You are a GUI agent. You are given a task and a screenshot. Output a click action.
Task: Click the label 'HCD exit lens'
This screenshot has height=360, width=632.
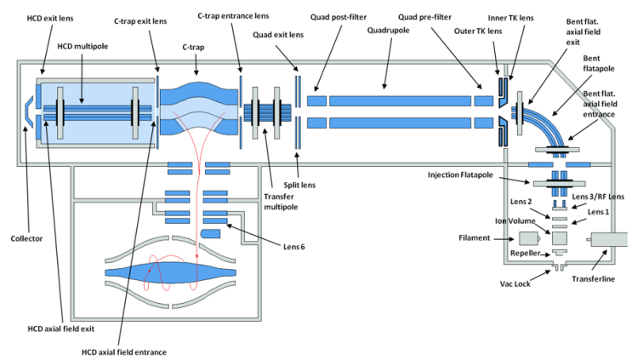click(x=50, y=18)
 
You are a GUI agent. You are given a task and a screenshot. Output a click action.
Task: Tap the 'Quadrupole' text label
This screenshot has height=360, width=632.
click(x=388, y=31)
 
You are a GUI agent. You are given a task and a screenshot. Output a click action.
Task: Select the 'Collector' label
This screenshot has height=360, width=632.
click(x=26, y=238)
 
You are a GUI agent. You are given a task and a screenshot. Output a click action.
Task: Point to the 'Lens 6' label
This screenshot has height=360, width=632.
click(x=293, y=246)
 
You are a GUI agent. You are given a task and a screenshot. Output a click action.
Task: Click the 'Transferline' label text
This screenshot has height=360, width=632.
click(x=594, y=278)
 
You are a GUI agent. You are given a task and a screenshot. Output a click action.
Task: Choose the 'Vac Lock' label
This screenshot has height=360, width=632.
click(x=515, y=283)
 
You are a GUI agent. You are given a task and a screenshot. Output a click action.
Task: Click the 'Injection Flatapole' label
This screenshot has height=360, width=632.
click(x=460, y=175)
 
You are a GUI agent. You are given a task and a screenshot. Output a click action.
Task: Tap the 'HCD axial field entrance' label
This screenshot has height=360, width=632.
click(x=123, y=352)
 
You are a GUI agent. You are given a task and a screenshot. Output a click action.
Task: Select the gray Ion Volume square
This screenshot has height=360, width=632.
click(x=560, y=238)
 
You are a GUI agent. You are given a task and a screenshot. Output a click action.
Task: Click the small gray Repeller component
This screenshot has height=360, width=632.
click(x=560, y=253)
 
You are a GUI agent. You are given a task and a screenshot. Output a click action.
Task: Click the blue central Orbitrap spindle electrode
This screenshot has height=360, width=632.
click(x=170, y=272)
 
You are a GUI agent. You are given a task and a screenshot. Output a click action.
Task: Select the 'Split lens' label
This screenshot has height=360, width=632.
click(x=299, y=185)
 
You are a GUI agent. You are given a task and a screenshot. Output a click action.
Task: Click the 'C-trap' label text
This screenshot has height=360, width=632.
click(x=193, y=47)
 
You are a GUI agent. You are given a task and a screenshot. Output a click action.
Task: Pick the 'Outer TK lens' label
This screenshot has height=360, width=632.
click(x=478, y=31)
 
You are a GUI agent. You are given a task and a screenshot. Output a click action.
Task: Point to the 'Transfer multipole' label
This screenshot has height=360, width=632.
click(x=281, y=202)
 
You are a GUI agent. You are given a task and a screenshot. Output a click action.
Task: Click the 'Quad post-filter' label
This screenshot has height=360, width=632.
click(x=339, y=17)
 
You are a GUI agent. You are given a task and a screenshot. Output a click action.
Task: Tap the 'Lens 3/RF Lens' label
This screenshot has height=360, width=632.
click(x=598, y=197)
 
